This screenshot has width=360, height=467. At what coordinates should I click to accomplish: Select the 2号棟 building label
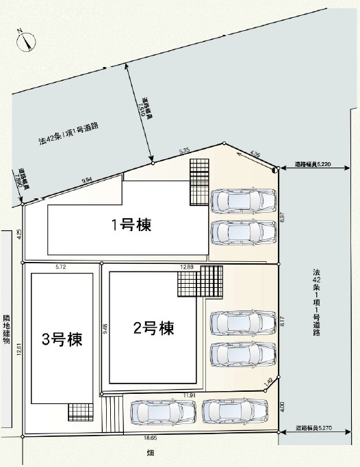(x=153, y=328)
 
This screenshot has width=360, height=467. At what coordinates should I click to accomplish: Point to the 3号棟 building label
(x=62, y=339)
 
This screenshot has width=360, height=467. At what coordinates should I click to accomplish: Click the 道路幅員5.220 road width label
(x=313, y=165)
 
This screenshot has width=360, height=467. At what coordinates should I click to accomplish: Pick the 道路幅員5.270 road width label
(x=313, y=428)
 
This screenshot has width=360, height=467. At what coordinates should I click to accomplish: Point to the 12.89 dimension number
(x=188, y=267)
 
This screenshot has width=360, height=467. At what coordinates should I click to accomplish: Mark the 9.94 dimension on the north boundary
(x=87, y=180)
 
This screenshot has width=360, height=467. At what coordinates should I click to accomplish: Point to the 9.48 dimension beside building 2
(x=105, y=329)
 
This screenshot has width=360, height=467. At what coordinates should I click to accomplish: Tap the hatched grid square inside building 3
(x=79, y=412)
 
